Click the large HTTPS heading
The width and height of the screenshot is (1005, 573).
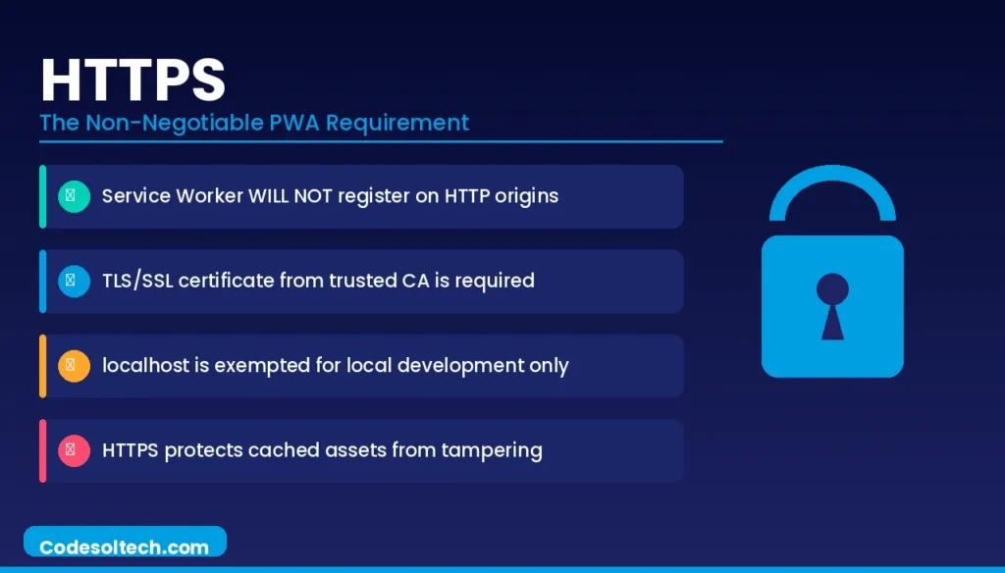tap(133, 80)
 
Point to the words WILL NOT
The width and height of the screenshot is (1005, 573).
tap(290, 195)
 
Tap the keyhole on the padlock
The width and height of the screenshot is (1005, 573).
tap(832, 305)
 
